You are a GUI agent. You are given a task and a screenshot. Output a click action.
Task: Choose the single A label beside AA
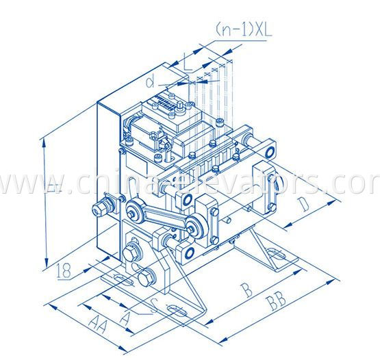[125, 318]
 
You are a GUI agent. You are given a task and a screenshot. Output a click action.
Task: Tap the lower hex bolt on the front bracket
[146, 279]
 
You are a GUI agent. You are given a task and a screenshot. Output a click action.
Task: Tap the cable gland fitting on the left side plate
[102, 206]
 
